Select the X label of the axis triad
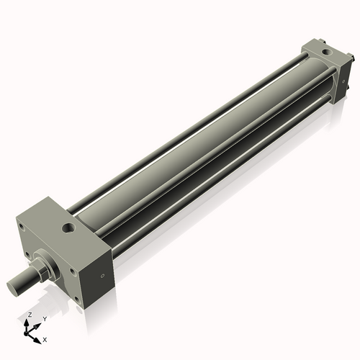click(45, 338)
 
